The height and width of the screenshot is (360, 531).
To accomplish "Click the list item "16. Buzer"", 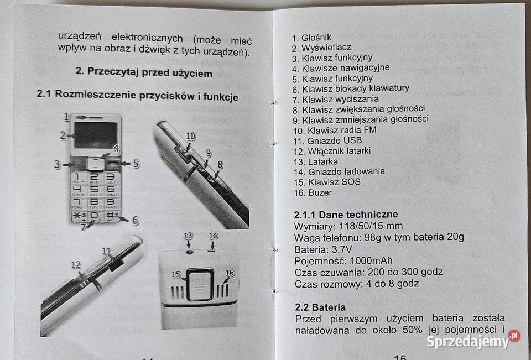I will coord(313,192).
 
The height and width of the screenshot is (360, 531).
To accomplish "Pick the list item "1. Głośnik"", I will coord(312,38).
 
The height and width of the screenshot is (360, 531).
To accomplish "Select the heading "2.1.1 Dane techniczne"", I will coord(346,215).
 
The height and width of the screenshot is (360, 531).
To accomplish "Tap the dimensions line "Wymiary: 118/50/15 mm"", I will coord(348,226).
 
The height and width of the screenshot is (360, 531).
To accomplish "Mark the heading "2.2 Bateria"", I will coord(320,307).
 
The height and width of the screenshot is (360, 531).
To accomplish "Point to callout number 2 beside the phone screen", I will coord(64,134).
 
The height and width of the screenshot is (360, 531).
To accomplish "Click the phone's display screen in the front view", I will coord(96,135).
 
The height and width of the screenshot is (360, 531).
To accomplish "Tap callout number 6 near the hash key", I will coord(134,220).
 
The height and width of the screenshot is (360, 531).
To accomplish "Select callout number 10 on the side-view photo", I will coord(191,136).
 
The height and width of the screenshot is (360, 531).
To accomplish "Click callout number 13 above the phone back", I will coord(189,236).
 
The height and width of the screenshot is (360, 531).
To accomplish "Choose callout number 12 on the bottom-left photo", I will coord(76,265).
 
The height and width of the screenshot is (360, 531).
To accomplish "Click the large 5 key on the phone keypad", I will coord(94,190).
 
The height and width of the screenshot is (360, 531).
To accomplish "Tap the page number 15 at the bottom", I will coord(400,357).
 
